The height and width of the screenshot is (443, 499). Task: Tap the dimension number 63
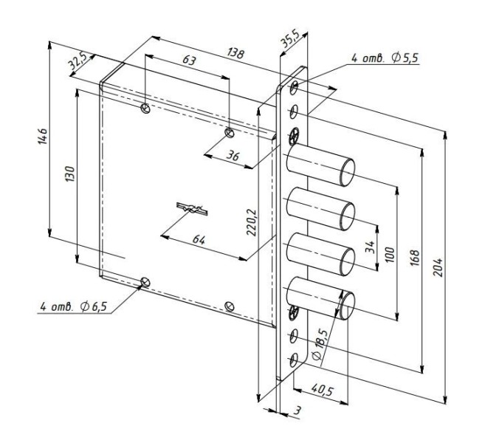click(x=189, y=61)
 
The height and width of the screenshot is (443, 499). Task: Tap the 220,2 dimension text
click(x=252, y=222)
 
